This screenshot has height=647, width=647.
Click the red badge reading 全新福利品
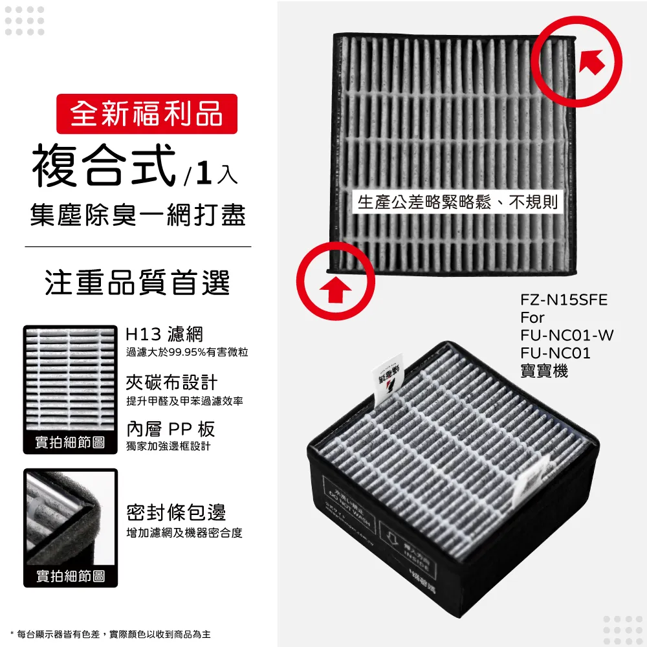(x=147, y=114)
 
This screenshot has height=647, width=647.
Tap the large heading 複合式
(x=104, y=166)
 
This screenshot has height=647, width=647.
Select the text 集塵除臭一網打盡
(x=138, y=215)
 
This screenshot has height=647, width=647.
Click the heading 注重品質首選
(x=138, y=283)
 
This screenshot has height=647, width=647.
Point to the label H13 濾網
(x=164, y=334)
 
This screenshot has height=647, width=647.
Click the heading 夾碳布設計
(x=171, y=382)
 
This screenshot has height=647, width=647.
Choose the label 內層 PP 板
(x=170, y=430)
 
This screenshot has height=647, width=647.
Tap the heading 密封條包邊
(x=176, y=513)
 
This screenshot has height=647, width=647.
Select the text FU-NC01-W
(x=567, y=336)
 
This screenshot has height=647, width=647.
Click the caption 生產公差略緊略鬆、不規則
(x=457, y=203)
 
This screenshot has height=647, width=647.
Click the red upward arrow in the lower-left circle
(x=336, y=290)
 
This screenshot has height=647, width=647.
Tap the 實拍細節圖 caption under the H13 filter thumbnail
(x=70, y=443)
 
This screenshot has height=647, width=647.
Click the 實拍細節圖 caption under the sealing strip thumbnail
(x=70, y=575)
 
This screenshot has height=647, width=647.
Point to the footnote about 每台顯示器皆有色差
(x=114, y=634)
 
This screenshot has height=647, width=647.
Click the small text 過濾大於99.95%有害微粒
(x=187, y=352)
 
